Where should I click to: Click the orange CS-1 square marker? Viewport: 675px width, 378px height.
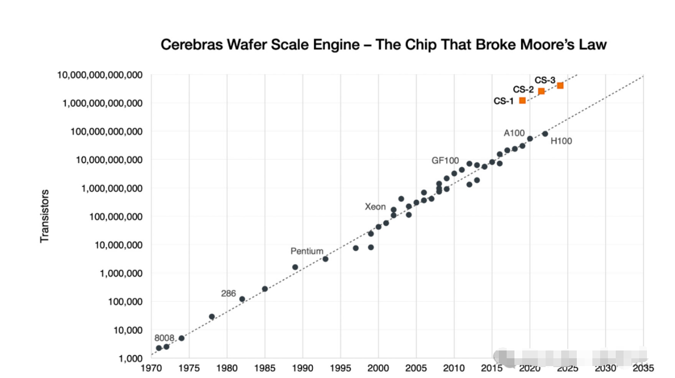pos(522,100)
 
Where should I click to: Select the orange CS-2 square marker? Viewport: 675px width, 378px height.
pos(541,91)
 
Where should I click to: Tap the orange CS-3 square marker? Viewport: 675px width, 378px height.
pos(560,85)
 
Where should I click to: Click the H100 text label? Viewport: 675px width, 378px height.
pos(561,141)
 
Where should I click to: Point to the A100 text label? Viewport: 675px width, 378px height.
pos(514,133)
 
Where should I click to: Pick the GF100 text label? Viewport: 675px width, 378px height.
pos(445,160)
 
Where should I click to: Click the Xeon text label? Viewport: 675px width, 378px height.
pos(375,207)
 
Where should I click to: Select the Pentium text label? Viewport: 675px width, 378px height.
pos(307,251)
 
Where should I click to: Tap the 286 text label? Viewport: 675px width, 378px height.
pos(229,293)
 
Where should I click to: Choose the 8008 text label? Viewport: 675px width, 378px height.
pos(164,337)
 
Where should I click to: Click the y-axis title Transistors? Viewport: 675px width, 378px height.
pos(45,216)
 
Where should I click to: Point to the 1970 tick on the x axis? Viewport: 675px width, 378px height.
pos(151,368)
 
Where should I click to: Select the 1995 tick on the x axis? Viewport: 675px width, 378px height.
pos(340,368)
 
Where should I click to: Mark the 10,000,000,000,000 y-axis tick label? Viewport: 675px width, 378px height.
pos(100,75)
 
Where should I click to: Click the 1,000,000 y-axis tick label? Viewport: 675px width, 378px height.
pos(121,273)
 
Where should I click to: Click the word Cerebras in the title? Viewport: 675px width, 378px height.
pos(191,45)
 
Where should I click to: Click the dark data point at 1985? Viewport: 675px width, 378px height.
pos(264,289)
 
